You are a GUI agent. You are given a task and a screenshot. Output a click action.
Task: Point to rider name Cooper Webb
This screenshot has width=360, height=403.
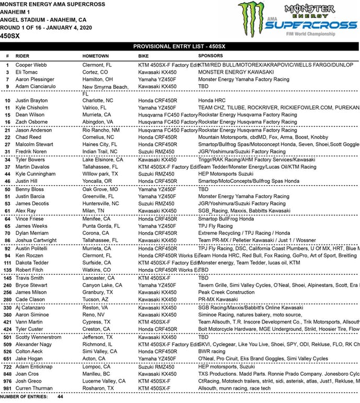[x=31, y=64]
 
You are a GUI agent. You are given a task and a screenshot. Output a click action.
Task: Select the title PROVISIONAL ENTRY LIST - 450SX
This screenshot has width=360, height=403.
[x=179, y=46]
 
